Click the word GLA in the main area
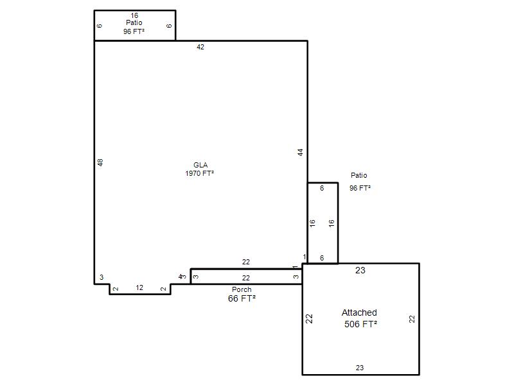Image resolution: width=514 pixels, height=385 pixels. [200, 165]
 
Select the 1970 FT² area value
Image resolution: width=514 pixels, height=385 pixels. [200, 173]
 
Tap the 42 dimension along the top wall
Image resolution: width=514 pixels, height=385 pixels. [200, 47]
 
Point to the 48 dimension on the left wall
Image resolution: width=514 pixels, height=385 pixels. [100, 162]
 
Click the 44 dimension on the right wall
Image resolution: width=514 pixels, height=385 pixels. [300, 152]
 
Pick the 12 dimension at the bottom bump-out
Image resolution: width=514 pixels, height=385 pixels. [139, 287]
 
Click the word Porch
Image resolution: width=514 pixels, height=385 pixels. [242, 289]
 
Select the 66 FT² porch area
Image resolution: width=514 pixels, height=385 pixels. [242, 298]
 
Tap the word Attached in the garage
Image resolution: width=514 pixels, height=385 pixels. [359, 312]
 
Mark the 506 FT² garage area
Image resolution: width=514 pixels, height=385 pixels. [360, 324]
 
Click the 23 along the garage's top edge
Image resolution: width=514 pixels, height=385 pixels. [360, 270]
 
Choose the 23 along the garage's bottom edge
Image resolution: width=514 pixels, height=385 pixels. [360, 368]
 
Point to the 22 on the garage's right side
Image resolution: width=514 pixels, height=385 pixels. [412, 319]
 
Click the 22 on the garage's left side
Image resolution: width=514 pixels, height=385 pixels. [309, 319]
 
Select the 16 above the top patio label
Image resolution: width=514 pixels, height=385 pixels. [134, 15]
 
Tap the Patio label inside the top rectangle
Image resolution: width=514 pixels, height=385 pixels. [134, 22]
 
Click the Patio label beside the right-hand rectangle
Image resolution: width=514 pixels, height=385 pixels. [359, 175]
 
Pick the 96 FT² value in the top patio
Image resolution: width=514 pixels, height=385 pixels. [134, 31]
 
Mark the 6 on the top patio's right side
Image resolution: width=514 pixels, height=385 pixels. [169, 26]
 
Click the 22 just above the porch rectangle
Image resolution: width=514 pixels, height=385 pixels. [246, 262]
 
